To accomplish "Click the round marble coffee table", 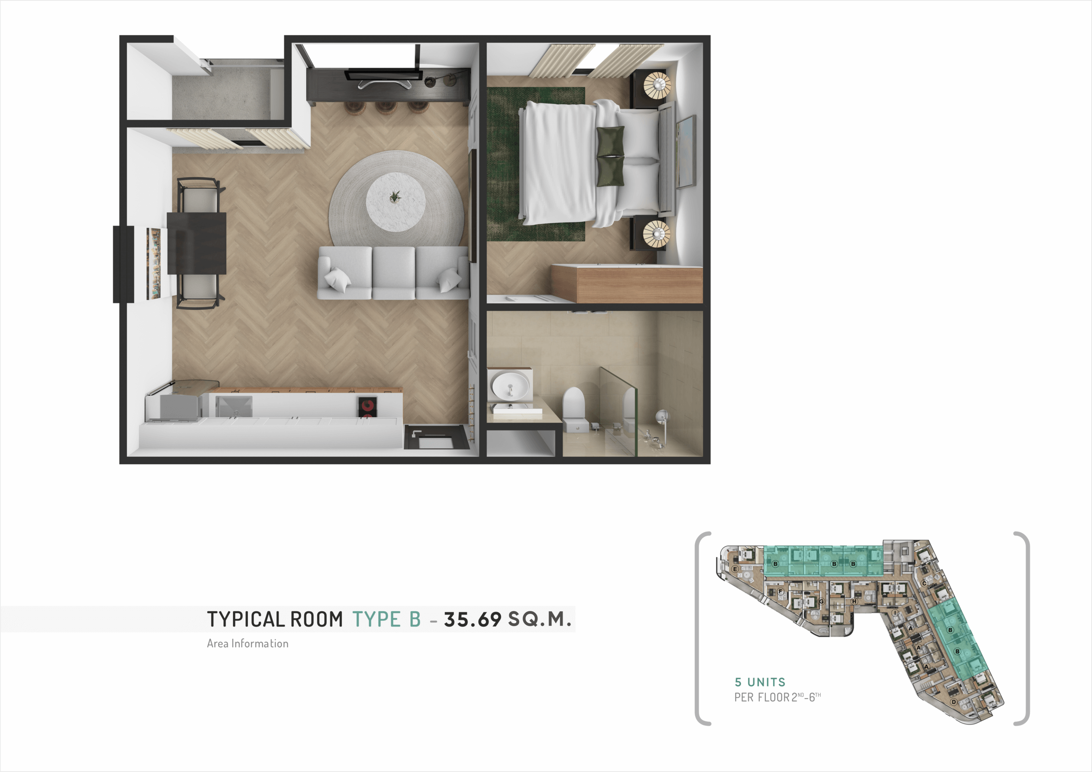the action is coord(395,202).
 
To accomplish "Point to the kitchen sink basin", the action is coord(234,406).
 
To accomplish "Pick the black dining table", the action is coord(196,243).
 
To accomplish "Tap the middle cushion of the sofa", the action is coord(394,273).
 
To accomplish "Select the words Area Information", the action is coord(248,644).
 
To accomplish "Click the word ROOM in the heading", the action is coord(317,619).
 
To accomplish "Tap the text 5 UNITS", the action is coord(760,682).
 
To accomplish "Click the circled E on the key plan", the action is coord(735,569).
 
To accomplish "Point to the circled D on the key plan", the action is coord(953,702).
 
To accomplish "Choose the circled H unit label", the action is coord(854,601).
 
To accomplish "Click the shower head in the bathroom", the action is coord(662,417).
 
